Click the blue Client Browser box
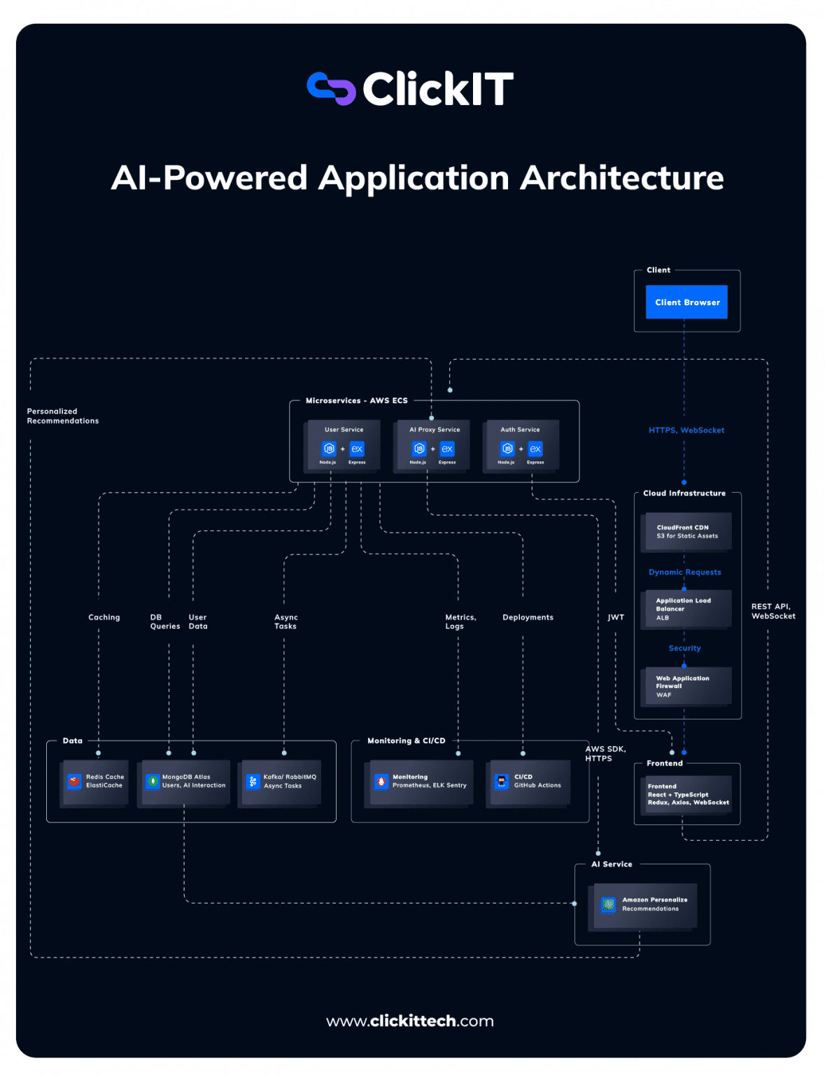click(x=686, y=302)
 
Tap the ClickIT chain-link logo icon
click(x=331, y=89)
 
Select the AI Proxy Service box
click(x=434, y=445)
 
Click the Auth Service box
click(x=521, y=445)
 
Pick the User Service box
click(x=344, y=445)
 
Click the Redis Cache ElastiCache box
click(x=95, y=782)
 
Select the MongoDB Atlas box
click(x=184, y=782)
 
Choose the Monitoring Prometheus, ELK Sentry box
click(x=419, y=782)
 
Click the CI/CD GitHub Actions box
click(x=528, y=782)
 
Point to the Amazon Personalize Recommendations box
click(x=645, y=905)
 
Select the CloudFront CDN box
click(x=687, y=532)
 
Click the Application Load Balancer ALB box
click(x=687, y=609)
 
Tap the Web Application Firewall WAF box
click(x=687, y=686)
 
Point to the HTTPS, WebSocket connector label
click(x=686, y=430)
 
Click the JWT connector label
click(x=616, y=617)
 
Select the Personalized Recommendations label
click(x=63, y=416)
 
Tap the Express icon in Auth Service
click(x=535, y=449)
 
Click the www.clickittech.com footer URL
click(x=410, y=1021)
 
